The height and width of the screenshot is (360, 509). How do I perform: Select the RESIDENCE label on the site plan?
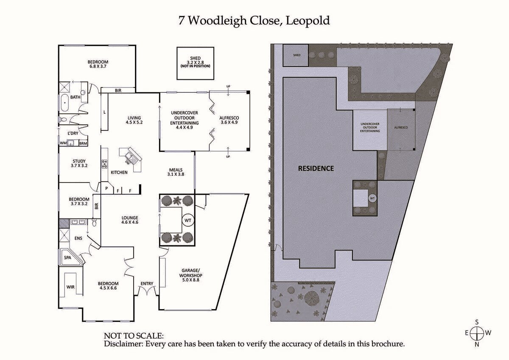(316, 168)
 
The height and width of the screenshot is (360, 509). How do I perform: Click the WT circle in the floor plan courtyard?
(187, 221)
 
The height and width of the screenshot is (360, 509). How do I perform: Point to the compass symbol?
(477, 333)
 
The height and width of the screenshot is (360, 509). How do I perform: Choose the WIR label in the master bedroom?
(70, 287)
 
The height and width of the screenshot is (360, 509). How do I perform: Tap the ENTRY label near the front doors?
(147, 284)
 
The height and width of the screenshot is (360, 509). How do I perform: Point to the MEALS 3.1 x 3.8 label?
(176, 172)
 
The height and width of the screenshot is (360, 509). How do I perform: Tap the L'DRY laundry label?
(73, 133)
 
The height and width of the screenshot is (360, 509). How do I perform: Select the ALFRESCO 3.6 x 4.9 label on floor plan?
(229, 120)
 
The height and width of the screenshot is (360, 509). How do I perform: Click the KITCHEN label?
(119, 172)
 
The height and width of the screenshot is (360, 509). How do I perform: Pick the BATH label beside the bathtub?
(75, 97)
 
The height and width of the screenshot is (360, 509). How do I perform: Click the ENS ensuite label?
(78, 239)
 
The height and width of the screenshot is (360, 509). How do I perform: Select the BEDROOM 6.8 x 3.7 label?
(98, 65)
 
